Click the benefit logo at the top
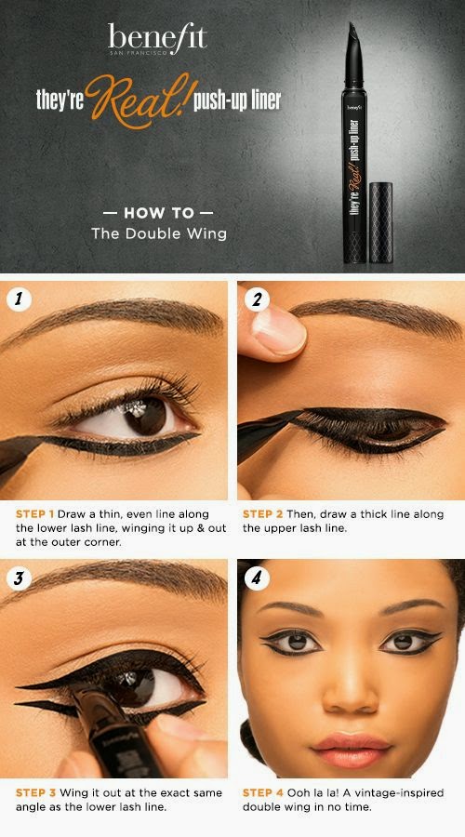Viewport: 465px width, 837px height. [x=157, y=39]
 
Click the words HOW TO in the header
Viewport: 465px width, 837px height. [x=159, y=214]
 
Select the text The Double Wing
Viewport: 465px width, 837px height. [x=159, y=233]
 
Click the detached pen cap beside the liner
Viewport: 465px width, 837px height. [x=380, y=222]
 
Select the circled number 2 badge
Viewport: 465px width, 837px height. [x=257, y=300]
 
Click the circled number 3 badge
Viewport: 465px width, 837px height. [x=20, y=578]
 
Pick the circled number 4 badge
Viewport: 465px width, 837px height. [x=257, y=578]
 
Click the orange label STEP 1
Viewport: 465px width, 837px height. [x=34, y=514]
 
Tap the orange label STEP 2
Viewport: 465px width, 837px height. [x=262, y=514]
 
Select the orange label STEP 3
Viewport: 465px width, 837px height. [x=35, y=792]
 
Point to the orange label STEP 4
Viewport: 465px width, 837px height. [x=262, y=792]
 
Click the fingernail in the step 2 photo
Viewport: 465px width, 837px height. [x=279, y=330]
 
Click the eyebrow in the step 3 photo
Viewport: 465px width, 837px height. [x=114, y=579]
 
